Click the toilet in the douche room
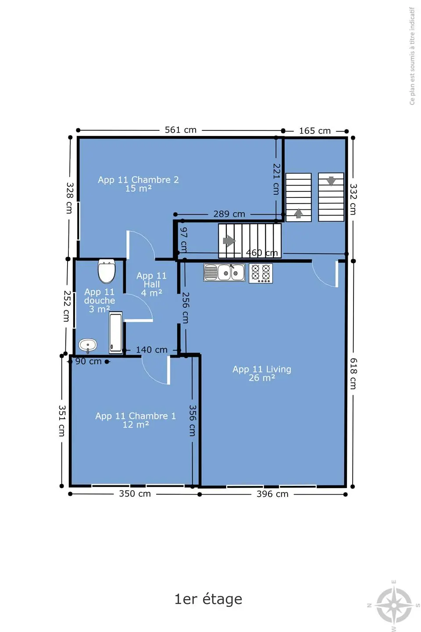107,271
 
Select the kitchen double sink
224,273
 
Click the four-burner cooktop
260,273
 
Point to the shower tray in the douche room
116,332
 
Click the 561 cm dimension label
181,130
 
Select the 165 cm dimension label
315,131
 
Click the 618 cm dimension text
353,373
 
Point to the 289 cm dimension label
229,214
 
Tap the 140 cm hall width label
152,350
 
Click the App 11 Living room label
262,373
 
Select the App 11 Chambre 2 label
138,184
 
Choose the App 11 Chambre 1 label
136,420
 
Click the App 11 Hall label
151,284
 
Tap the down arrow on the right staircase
331,180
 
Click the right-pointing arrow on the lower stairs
229,241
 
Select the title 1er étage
208,599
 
